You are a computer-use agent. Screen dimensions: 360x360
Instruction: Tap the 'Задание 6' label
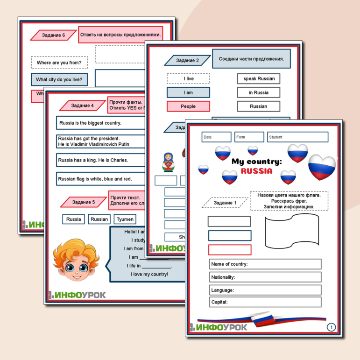point(53,35)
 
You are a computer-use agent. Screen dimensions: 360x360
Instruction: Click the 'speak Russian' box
point(258,78)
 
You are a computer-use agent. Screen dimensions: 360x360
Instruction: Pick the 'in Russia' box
point(258,92)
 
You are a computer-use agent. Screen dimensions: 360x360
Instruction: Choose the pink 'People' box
point(188,106)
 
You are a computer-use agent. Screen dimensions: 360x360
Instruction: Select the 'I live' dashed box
point(188,78)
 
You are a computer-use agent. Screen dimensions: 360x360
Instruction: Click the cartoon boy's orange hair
point(73,247)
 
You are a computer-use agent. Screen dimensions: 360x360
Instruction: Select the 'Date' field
point(216,137)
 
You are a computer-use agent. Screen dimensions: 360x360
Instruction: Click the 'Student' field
point(298,137)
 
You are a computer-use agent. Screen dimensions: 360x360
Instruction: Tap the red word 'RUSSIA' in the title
point(256,171)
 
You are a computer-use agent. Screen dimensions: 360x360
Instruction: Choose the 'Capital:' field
point(265,302)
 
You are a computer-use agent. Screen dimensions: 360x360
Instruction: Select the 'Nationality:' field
point(265,277)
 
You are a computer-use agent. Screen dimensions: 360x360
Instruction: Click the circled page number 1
point(331,327)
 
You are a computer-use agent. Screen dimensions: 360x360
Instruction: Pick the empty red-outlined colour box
point(229,250)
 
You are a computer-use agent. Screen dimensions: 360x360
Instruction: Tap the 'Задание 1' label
point(225,203)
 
